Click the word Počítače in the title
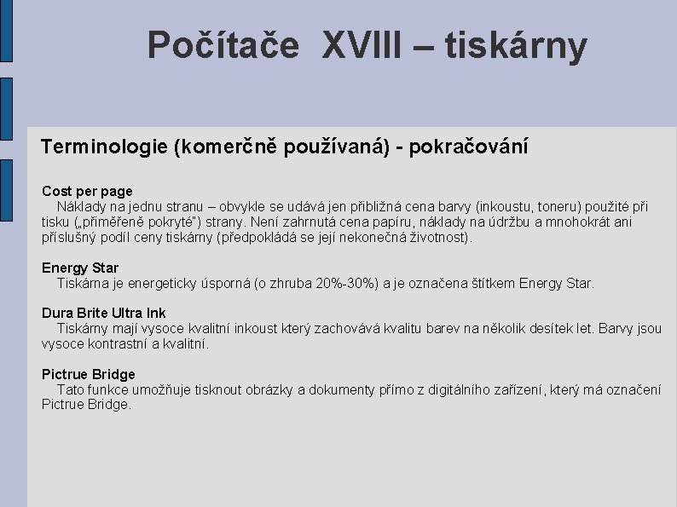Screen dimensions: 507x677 pyautogui.click(x=223, y=46)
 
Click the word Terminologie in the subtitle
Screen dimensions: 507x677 pyautogui.click(x=104, y=147)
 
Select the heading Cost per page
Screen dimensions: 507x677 pyautogui.click(x=88, y=192)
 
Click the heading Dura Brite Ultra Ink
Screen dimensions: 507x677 pyautogui.click(x=104, y=314)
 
